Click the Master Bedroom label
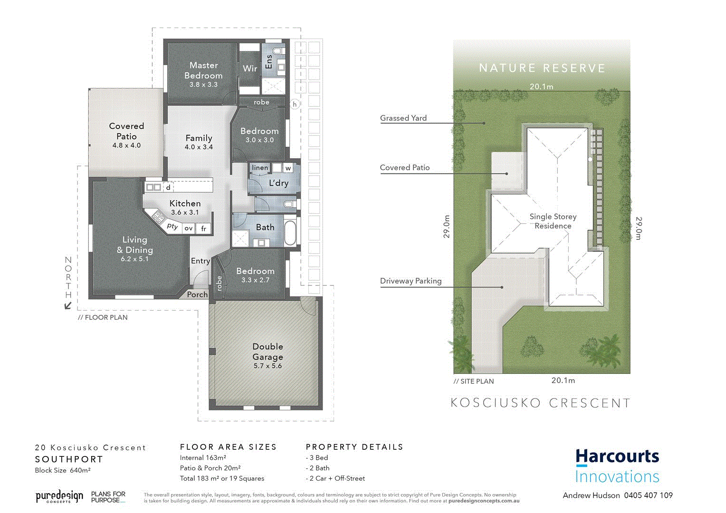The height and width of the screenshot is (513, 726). (x=203, y=70)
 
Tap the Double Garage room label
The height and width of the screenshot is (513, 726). (x=267, y=351)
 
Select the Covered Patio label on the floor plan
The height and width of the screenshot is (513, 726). (x=126, y=131)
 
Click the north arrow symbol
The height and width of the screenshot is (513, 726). (x=68, y=305)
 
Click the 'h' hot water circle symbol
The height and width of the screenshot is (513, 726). (x=295, y=104)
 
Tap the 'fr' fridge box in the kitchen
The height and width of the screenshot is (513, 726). (x=204, y=228)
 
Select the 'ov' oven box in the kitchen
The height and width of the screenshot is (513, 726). (x=189, y=228)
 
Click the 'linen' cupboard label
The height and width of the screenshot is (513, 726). (x=260, y=168)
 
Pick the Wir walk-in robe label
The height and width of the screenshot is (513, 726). (x=250, y=68)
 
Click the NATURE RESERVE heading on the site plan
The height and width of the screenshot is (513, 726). (x=542, y=68)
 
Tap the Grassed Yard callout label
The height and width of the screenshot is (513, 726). (x=403, y=118)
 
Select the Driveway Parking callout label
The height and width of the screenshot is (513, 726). (x=411, y=281)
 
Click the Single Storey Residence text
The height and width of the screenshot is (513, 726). (x=553, y=221)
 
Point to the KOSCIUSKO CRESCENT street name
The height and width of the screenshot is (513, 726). (x=540, y=403)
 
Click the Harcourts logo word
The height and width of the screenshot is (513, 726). (x=617, y=456)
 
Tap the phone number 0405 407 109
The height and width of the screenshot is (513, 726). (x=648, y=495)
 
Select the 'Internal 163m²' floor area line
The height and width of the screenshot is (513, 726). (x=203, y=458)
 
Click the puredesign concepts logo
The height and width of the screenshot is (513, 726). (x=59, y=497)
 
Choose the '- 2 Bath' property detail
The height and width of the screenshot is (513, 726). (x=318, y=468)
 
